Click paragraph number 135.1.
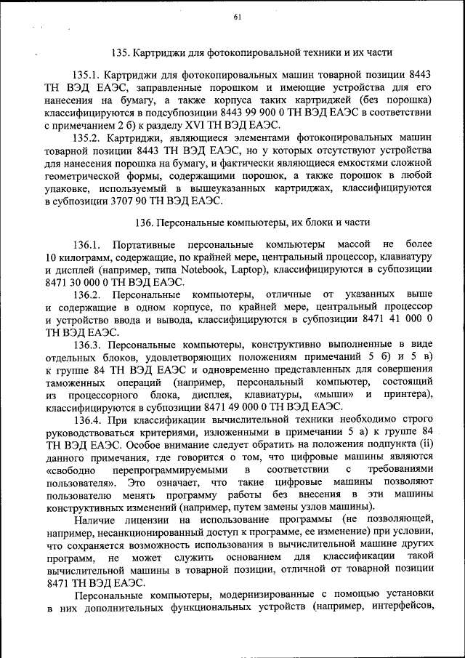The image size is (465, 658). pos(85,75)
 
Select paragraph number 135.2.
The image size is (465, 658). pos(85,137)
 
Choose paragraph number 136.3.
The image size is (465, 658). pos(85,344)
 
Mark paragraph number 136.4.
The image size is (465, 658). pos(85,420)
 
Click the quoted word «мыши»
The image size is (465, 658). pos(336,394)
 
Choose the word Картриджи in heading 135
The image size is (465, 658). pos(162,53)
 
